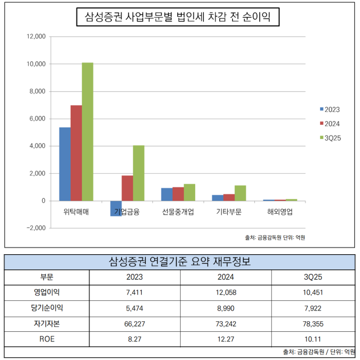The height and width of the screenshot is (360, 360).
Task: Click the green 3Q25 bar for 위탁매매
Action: point(87,132)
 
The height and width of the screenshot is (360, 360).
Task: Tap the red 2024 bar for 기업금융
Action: point(127,188)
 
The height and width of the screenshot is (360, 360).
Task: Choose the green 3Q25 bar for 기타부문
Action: point(240,193)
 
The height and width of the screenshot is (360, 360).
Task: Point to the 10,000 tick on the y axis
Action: point(35,64)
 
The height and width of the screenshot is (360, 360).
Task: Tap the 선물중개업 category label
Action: point(178,213)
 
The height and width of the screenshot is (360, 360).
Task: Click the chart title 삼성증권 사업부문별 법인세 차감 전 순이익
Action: point(177,18)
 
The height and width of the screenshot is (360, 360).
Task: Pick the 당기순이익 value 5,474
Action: point(135,308)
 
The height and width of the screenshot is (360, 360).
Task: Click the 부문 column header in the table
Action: point(47,277)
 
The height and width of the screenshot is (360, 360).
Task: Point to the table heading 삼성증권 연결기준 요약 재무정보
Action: point(179,262)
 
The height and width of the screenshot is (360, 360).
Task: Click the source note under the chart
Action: point(275,237)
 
